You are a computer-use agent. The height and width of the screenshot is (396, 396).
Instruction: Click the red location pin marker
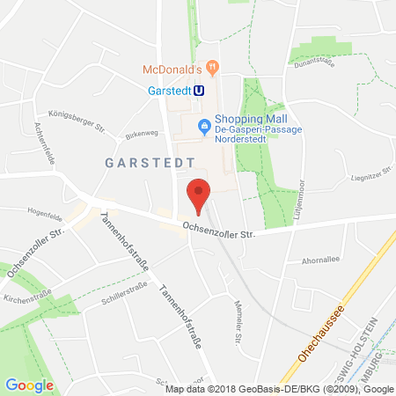[200, 193]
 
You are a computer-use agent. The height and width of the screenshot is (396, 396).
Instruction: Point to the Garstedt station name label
[168, 89]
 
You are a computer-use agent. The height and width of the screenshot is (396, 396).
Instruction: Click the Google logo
[29, 384]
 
